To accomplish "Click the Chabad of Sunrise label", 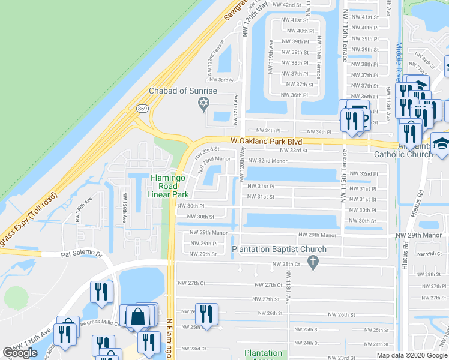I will [x=183, y=91].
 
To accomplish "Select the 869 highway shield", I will [x=142, y=109].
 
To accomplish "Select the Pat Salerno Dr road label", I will [x=81, y=254].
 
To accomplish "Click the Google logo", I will [x=20, y=353].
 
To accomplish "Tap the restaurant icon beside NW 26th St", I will [x=206, y=314].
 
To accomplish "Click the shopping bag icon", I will [x=138, y=316].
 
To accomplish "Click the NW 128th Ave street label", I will [x=124, y=207].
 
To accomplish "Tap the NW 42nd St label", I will [x=286, y=4].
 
